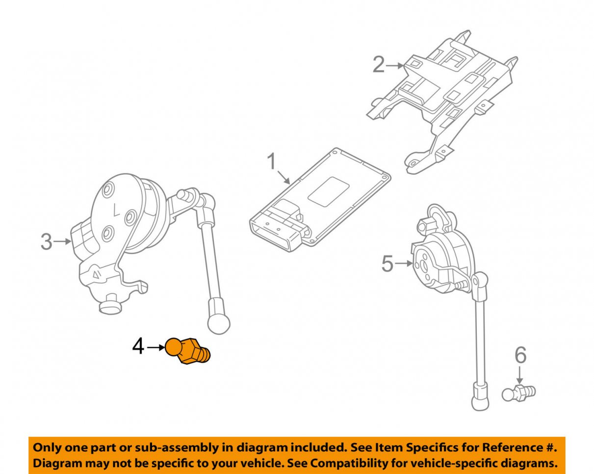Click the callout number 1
pos(272,161)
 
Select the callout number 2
pos(379,65)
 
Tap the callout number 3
pos(46,241)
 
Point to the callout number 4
pos(138,347)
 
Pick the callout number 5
pos(387,264)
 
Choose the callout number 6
pos(520,355)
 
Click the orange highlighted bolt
pos(188,351)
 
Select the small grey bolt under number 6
pos(519,393)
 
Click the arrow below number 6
pos(520,377)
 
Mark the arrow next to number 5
pos(403,264)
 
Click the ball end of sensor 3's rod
pos(218,322)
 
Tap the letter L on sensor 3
pos(116,211)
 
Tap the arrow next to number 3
pos(63,241)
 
